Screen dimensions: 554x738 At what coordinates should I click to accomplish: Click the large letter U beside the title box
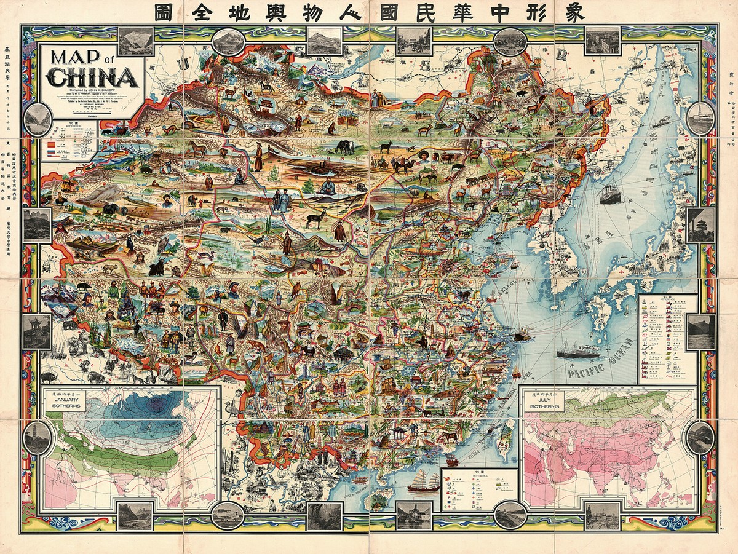pos(182,65)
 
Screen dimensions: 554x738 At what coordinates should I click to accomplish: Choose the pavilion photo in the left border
pos(38,332)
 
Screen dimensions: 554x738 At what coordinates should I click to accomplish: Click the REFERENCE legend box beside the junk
pos(479,489)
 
